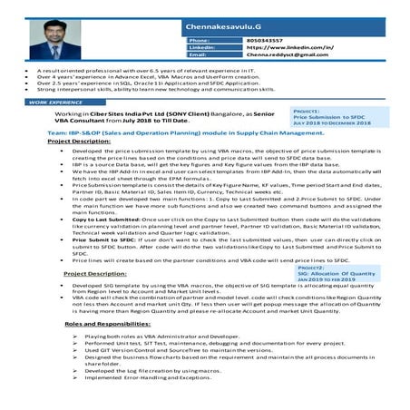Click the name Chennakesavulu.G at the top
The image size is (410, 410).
click(227, 12)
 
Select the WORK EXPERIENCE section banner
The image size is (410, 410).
click(56, 103)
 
